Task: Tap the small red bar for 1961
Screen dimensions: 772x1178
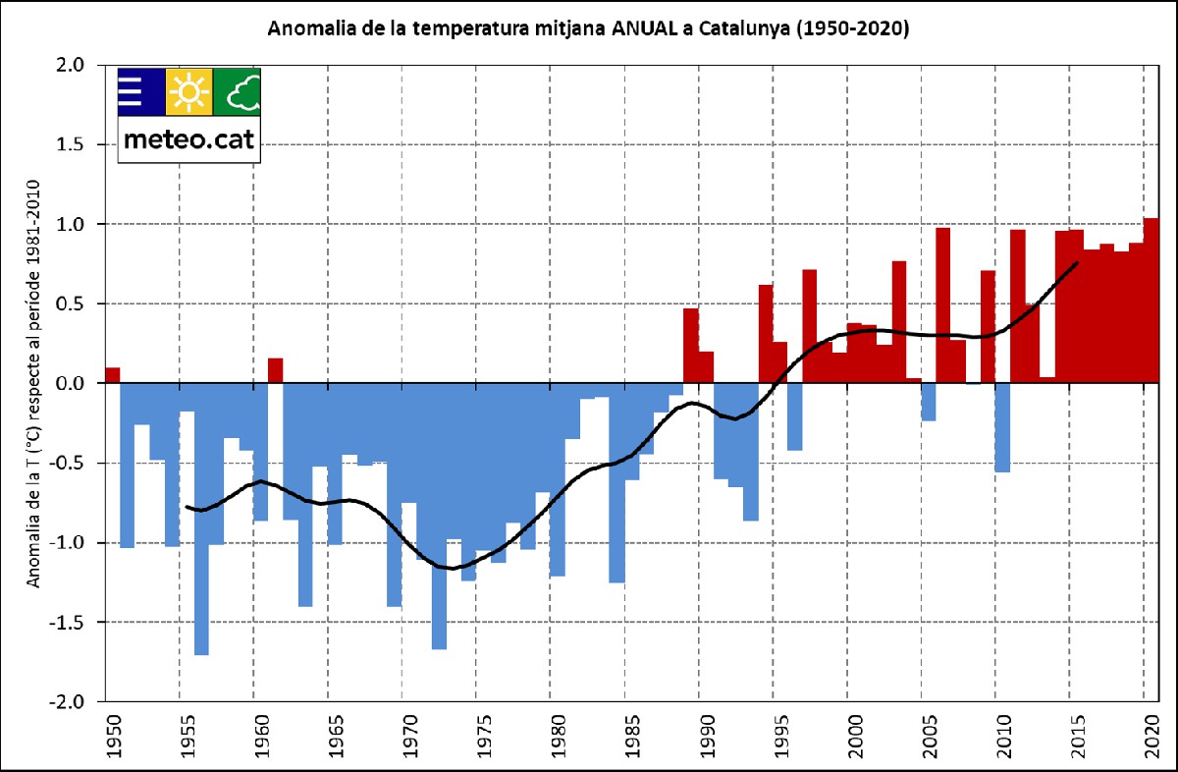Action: click(276, 370)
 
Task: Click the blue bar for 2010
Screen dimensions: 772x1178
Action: click(1002, 427)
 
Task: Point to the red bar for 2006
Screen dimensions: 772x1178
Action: click(942, 304)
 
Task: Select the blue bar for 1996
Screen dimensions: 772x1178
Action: click(795, 416)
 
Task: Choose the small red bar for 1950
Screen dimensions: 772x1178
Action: click(113, 374)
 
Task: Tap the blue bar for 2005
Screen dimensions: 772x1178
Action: click(929, 402)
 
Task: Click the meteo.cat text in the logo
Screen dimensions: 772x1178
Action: click(188, 140)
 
